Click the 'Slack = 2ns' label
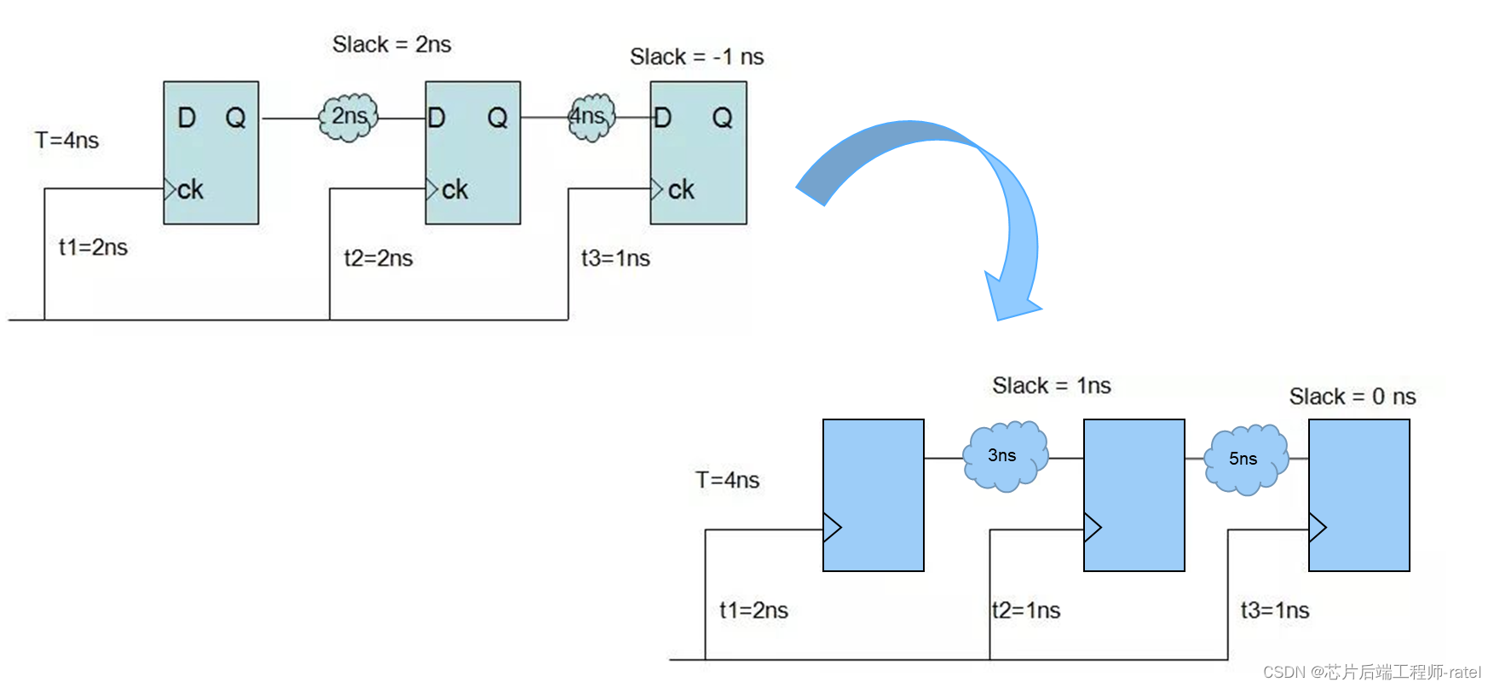(x=391, y=44)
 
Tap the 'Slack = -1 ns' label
(x=696, y=57)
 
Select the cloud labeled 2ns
(x=349, y=117)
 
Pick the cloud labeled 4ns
(x=591, y=117)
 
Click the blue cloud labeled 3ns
(x=1004, y=456)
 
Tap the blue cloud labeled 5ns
(x=1244, y=459)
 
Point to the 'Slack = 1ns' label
(x=1051, y=386)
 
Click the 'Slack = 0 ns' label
(x=1352, y=396)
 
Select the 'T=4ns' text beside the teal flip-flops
(x=66, y=140)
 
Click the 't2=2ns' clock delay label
(x=378, y=258)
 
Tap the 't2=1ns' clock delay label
(x=1026, y=610)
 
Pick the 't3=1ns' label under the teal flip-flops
(x=615, y=258)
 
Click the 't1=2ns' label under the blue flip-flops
(x=753, y=610)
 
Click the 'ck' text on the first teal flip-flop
(x=190, y=189)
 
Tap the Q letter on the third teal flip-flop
(x=722, y=118)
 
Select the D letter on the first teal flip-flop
(x=187, y=118)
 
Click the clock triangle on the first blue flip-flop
(x=832, y=528)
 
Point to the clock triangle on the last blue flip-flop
(x=1318, y=528)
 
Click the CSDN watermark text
(x=1371, y=672)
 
